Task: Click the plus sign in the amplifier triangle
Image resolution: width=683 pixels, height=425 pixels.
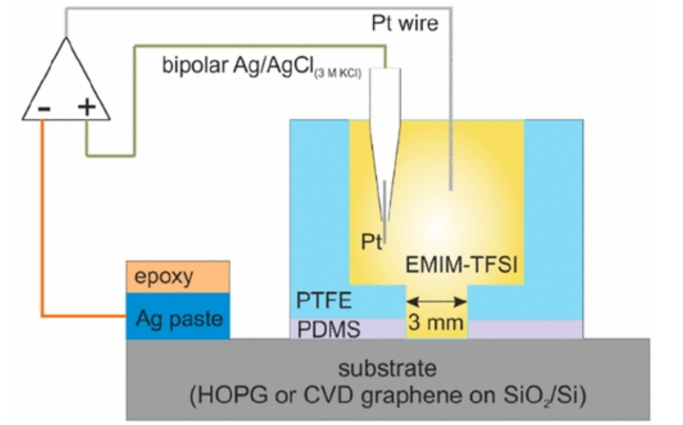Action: pos(87,107)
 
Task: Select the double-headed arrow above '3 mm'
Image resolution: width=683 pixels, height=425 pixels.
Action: pos(436,302)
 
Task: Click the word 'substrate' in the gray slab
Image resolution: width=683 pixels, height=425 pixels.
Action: pos(387,368)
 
